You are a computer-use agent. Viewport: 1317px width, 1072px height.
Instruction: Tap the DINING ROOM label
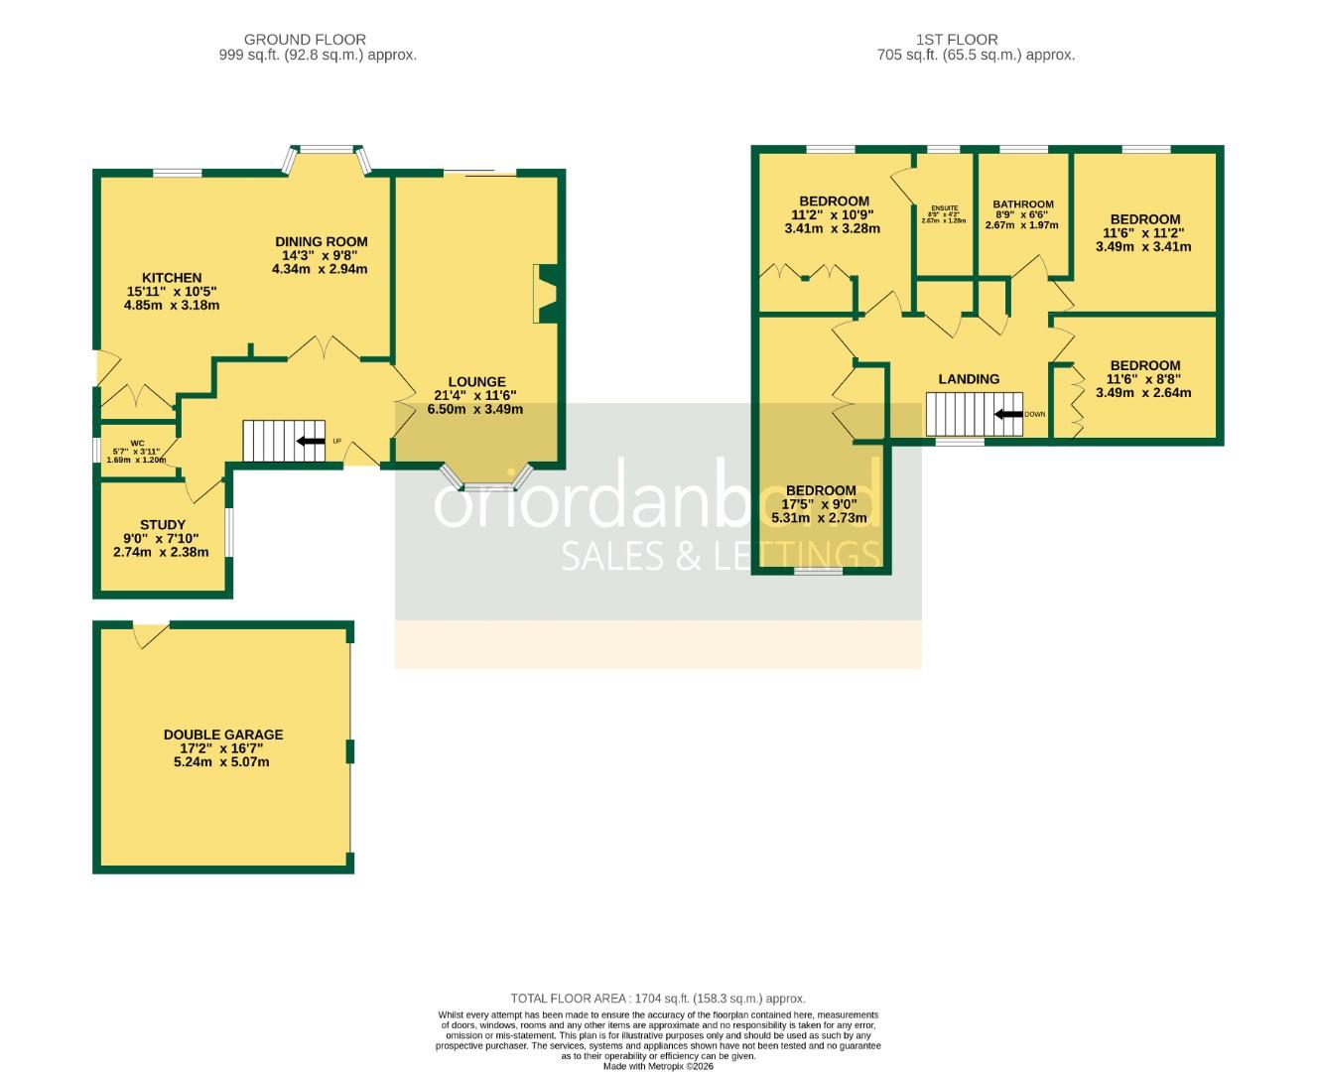[x=321, y=241]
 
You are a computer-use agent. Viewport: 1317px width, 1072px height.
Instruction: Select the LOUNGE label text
[x=476, y=381]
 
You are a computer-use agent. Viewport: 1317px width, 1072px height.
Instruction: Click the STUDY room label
[x=162, y=525]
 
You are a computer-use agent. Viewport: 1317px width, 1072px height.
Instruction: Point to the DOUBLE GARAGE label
[x=223, y=735]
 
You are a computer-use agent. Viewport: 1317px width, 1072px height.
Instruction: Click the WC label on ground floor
[x=137, y=443]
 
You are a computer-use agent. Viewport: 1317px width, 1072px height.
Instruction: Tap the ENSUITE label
[x=944, y=207]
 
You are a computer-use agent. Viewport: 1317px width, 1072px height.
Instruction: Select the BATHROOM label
[x=1023, y=204]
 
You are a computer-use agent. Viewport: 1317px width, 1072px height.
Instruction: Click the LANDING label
[x=969, y=378]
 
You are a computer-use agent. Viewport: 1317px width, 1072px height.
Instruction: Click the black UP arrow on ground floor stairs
[x=310, y=441]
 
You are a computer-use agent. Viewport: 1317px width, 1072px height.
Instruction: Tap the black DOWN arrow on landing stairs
[x=1008, y=415]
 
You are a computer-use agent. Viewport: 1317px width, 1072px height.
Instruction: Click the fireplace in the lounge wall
[x=546, y=294]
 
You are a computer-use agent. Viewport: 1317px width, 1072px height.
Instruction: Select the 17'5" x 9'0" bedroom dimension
[x=820, y=504]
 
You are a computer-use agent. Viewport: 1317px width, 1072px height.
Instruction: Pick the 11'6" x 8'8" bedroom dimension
[x=1144, y=379]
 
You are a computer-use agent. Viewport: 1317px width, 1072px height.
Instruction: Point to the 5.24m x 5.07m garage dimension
[x=222, y=762]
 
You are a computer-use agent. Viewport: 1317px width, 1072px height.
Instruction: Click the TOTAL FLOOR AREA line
[x=657, y=999]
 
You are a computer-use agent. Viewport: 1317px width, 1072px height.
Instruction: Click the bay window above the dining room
[x=329, y=157]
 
